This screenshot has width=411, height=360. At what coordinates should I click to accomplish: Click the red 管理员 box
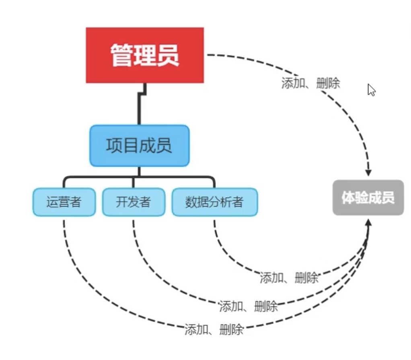click(145, 55)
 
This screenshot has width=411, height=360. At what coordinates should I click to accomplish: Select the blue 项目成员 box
click(139, 145)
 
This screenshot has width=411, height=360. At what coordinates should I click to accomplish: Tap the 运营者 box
click(64, 202)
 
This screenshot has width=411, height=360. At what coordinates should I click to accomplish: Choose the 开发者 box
click(134, 202)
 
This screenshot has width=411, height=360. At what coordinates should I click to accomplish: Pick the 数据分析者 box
click(214, 202)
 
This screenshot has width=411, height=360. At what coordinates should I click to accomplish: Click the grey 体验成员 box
click(368, 197)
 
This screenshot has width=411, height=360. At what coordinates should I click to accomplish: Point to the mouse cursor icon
click(371, 90)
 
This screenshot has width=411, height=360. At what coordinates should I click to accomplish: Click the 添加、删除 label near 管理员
click(310, 84)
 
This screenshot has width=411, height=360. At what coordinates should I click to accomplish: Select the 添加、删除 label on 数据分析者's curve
click(289, 278)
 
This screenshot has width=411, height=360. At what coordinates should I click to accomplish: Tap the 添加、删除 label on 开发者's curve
click(248, 307)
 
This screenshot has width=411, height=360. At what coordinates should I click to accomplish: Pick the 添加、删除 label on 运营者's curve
click(214, 330)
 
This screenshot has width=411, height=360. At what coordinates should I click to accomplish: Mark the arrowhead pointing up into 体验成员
click(368, 222)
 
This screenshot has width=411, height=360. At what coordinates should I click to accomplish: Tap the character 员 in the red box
click(168, 55)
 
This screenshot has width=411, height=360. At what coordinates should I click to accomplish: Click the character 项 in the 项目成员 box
click(114, 145)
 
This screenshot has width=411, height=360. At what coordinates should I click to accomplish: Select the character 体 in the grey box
click(348, 198)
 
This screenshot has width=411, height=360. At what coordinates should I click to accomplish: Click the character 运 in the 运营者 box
click(53, 202)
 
